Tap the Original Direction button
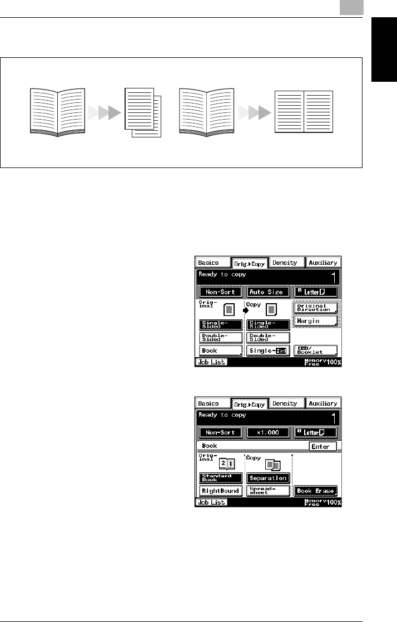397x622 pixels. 315,308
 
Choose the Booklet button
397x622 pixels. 315,351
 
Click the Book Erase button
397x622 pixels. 315,491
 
